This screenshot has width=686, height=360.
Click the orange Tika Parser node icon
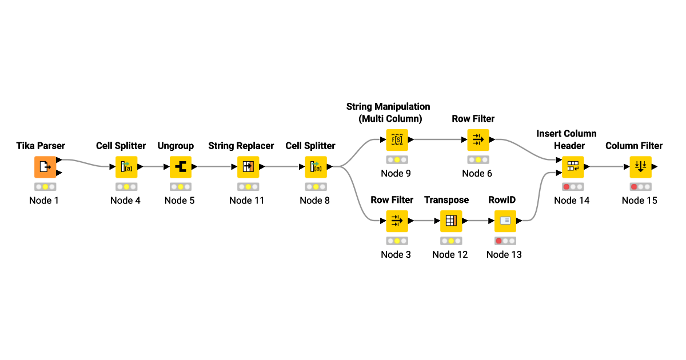[x=45, y=167]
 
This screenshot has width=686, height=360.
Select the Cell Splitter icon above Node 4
[x=126, y=167]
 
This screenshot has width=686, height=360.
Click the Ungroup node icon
[x=181, y=167]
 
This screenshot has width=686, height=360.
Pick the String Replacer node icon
[x=248, y=167]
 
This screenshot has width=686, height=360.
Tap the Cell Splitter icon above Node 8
[x=316, y=167]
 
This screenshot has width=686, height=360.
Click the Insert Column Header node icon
[x=573, y=167]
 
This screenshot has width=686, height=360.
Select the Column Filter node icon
[x=640, y=167]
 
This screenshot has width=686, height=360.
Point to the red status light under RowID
[x=498, y=241]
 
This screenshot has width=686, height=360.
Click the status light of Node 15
[x=633, y=187]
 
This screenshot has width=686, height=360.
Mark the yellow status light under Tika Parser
[x=45, y=187]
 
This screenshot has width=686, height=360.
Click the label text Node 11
[x=247, y=201]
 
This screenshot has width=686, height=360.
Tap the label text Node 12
[x=450, y=254]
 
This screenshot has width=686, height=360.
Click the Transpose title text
[x=446, y=200]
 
